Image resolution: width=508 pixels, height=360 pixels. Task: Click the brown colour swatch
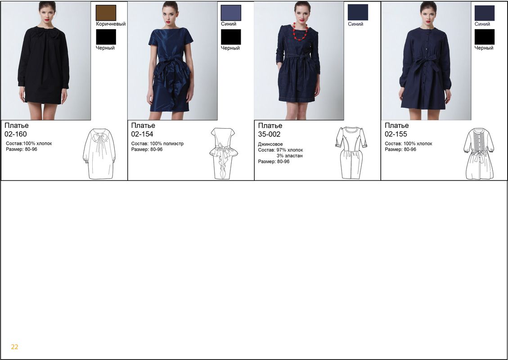coord(106,13)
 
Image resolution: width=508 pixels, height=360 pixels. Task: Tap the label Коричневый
coord(111,24)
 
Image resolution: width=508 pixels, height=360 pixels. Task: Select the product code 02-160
coord(16,134)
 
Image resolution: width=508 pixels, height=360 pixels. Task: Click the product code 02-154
coord(142,134)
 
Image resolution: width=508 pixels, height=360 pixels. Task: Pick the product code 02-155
coord(396,134)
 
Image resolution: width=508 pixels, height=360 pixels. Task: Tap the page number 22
coord(14,346)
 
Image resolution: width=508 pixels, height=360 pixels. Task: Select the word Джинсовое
coord(270,144)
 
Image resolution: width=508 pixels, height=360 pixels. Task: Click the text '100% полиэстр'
coord(166,144)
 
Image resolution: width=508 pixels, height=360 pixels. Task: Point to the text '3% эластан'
coord(290,156)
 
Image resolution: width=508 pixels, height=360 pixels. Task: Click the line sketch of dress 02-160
coord(99,154)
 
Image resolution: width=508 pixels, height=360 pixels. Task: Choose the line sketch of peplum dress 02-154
coord(224,153)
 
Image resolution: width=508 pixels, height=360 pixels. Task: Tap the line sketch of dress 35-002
coord(351,153)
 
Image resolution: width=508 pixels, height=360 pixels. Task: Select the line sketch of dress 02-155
coord(479,153)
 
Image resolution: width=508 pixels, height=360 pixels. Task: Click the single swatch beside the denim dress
coord(358,12)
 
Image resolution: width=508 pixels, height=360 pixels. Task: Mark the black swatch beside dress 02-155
coord(484,37)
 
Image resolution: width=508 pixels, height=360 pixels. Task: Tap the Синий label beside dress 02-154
coord(229,24)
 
